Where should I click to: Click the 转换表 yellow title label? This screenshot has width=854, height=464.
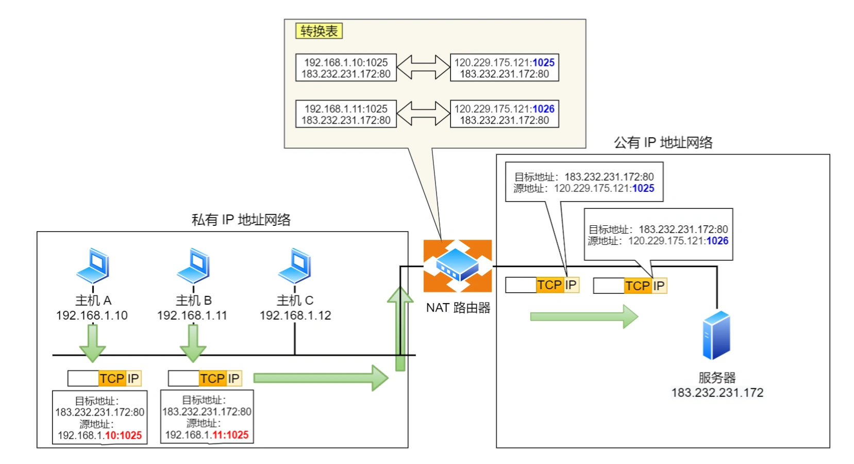[319, 31]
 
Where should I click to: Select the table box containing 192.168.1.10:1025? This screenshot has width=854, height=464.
[346, 68]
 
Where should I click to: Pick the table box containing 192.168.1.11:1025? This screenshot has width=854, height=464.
[346, 114]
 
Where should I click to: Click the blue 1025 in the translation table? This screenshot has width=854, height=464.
[543, 62]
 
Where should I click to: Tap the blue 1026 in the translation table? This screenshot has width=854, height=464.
[543, 109]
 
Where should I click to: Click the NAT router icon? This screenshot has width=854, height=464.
[457, 266]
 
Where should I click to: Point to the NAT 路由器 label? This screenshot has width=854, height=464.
[458, 308]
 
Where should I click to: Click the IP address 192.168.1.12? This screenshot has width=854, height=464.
[295, 315]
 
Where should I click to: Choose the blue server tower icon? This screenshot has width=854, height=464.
[716, 335]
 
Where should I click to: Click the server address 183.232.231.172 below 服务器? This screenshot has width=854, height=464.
[717, 392]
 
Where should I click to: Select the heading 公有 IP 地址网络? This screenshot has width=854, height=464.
[663, 143]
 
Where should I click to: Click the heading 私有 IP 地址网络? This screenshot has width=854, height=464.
[241, 220]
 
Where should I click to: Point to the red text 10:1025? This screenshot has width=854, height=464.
[123, 435]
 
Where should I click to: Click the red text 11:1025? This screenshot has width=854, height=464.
[230, 435]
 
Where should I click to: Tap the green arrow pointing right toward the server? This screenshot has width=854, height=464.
[584, 316]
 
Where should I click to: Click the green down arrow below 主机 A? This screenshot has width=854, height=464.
[93, 343]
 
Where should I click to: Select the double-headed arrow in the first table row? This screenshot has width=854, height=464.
[423, 67]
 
